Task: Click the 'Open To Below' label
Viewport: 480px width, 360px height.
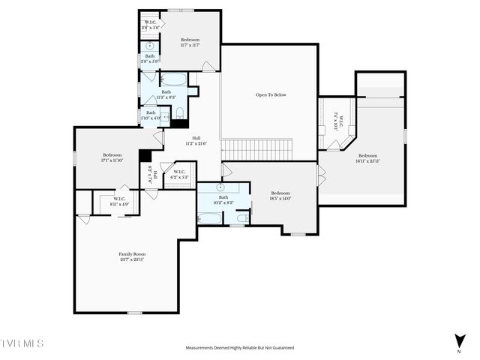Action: (271, 95)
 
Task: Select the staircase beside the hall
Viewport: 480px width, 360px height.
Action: (255, 148)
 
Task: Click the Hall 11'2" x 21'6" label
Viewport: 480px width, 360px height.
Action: (196, 140)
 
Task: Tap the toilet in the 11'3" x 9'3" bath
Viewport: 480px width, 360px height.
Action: (179, 113)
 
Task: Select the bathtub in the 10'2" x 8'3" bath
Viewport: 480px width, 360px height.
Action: (211, 218)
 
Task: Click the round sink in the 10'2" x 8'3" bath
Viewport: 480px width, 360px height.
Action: (221, 187)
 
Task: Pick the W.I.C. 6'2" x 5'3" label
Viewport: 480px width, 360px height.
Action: (179, 175)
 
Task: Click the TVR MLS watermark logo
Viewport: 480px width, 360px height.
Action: (22, 344)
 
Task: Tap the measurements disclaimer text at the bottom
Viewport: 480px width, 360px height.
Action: (240, 348)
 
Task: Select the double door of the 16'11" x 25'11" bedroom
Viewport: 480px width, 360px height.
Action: (322, 177)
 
